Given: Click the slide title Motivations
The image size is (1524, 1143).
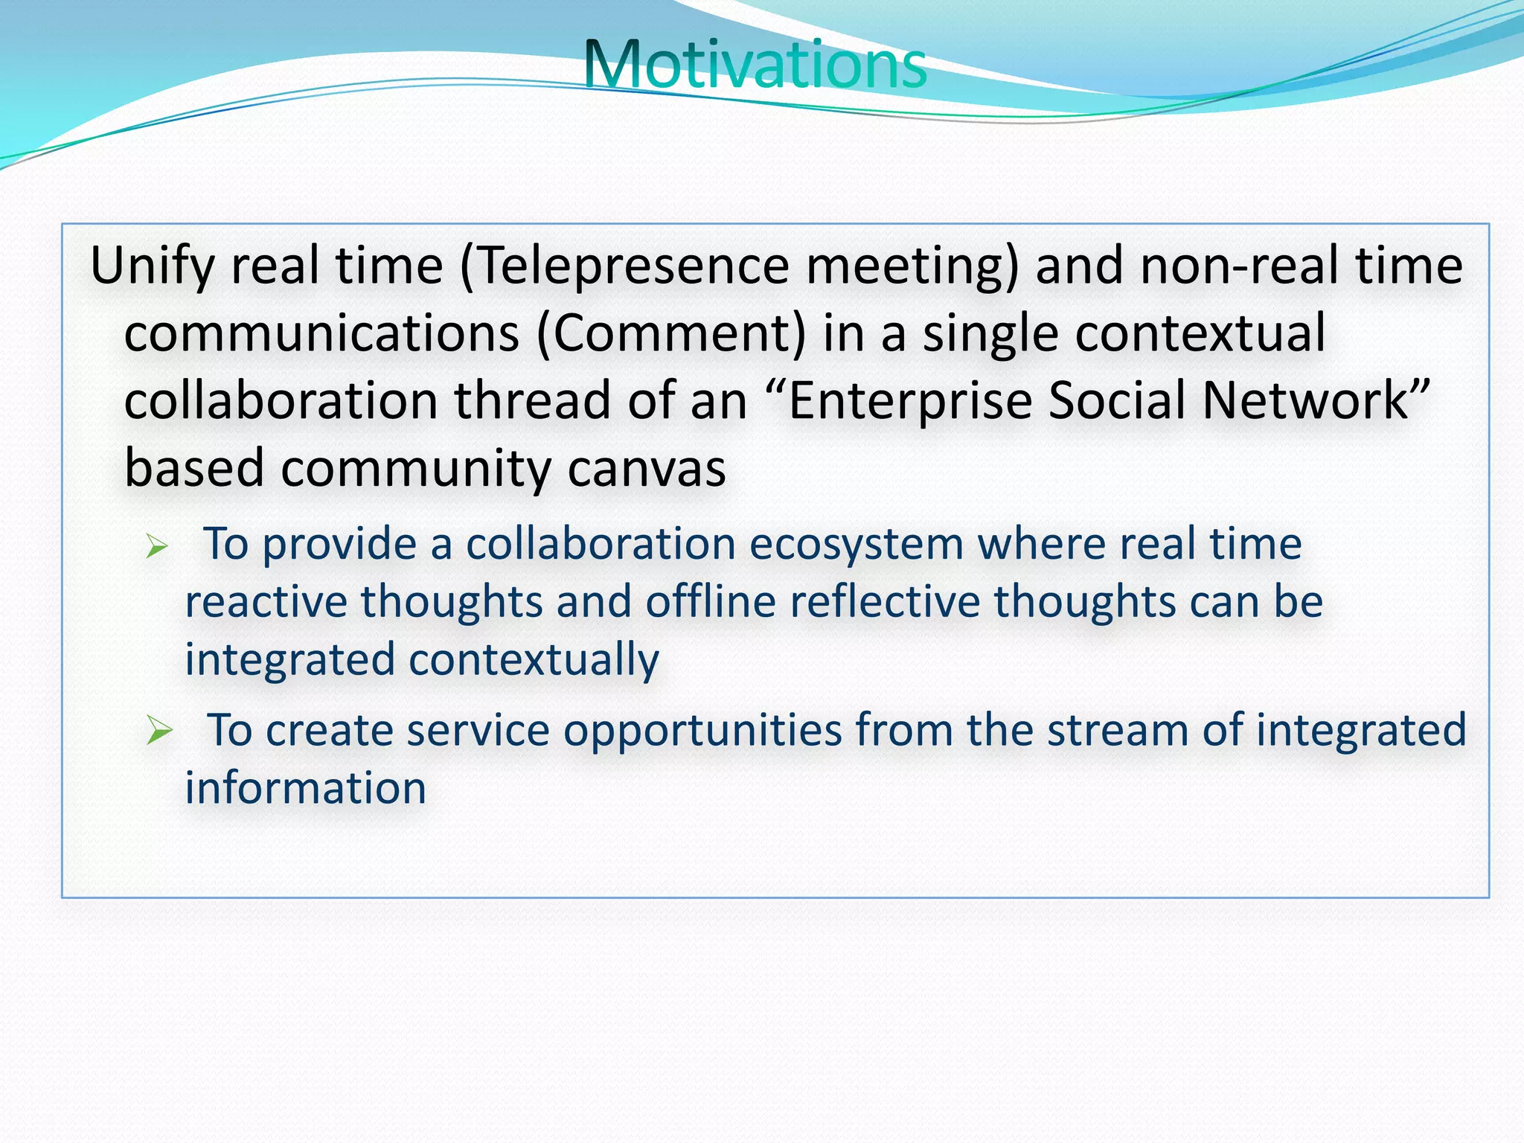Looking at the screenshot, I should tap(755, 65).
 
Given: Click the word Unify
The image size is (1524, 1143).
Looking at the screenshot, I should tap(152, 267).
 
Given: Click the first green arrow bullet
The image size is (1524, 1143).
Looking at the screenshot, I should tap(157, 548).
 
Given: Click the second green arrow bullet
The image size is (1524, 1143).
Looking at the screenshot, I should tap(159, 730).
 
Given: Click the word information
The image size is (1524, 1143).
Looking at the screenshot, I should tap(305, 788).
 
